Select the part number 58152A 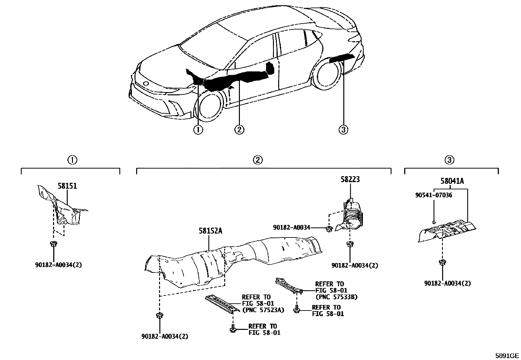[210, 231]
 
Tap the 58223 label [350, 180]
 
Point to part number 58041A [452, 181]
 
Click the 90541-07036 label [434, 195]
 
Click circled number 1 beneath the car [198, 130]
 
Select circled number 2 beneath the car [239, 130]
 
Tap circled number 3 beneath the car [343, 130]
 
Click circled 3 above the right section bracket [449, 160]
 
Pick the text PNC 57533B [336, 297]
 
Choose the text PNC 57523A [263, 310]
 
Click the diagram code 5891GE [507, 355]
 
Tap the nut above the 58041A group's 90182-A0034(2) [442, 262]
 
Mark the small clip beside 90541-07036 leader [434, 222]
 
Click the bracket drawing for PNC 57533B [289, 284]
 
